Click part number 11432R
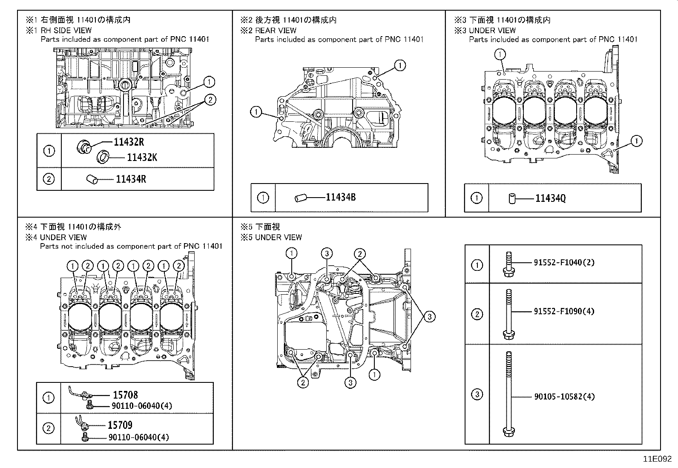pyautogui.click(x=129, y=142)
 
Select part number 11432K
pyautogui.click(x=142, y=158)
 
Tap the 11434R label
pyautogui.click(x=131, y=179)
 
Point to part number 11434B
pyautogui.click(x=341, y=197)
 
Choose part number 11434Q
pyautogui.click(x=550, y=198)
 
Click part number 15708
pyautogui.click(x=125, y=395)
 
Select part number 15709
pyautogui.click(x=120, y=425)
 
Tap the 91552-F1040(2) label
pyautogui.click(x=564, y=262)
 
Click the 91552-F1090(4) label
pyautogui.click(x=564, y=311)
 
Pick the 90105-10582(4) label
pyautogui.click(x=564, y=396)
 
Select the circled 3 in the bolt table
pyautogui.click(x=477, y=394)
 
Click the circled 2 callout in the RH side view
pyautogui.click(x=210, y=100)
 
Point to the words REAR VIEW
pyautogui.click(x=276, y=30)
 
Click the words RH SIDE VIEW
pyautogui.click(x=66, y=30)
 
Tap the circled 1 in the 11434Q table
pyautogui.click(x=477, y=198)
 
